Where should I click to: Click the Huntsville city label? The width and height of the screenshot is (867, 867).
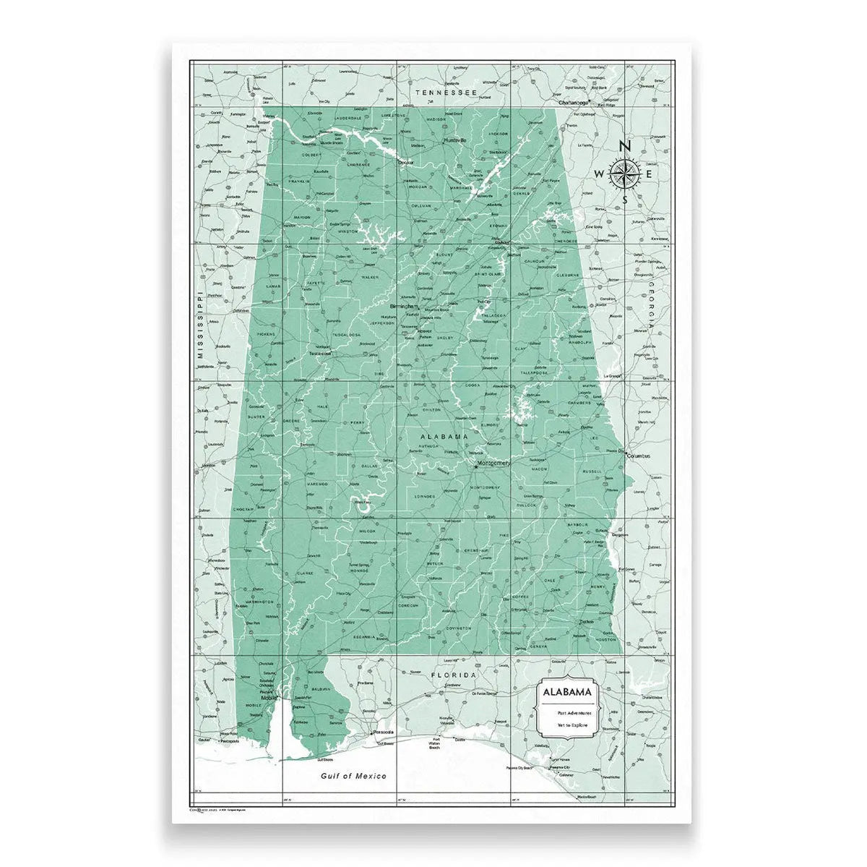point(455,139)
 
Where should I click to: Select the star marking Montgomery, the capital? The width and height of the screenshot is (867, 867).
point(475,466)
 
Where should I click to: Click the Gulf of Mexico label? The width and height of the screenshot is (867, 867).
point(354,776)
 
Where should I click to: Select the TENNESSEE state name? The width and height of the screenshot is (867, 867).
point(447,93)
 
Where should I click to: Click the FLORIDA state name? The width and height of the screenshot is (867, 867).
point(454,675)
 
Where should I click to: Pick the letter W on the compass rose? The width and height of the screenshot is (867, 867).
point(599,174)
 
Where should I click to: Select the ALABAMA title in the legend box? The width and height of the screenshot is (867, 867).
point(568,692)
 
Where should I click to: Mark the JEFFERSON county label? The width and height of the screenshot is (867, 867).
point(383,323)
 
